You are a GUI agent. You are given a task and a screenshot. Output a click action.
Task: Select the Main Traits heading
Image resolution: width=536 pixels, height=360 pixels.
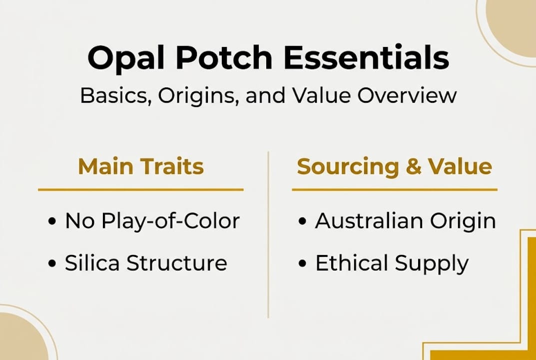(x=141, y=166)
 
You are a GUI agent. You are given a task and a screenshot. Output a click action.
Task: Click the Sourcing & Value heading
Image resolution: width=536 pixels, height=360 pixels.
(x=395, y=166)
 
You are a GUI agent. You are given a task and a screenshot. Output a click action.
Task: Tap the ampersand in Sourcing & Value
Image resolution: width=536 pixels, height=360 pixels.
(x=414, y=167)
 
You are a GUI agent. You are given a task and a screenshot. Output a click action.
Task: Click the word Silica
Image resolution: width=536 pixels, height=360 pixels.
(x=93, y=263)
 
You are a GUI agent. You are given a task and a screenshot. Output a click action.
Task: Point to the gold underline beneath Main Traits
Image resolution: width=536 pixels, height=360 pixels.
(x=141, y=189)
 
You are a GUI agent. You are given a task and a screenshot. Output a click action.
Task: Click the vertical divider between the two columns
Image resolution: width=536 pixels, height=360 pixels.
(x=268, y=235)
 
